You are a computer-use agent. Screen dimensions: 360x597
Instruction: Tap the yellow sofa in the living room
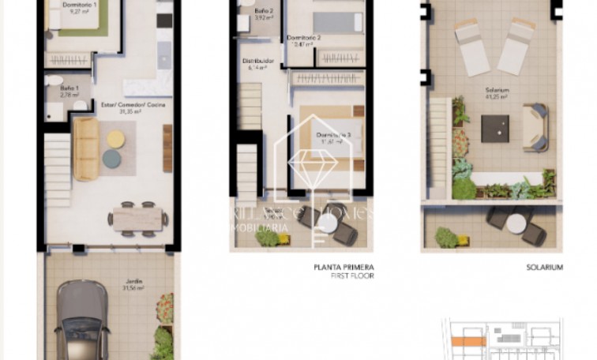(x=84, y=148)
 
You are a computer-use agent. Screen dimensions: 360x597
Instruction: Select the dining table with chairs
(x=137, y=218)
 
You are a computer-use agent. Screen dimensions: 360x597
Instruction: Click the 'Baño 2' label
(x=263, y=10)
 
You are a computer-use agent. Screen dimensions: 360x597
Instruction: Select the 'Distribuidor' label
(x=259, y=61)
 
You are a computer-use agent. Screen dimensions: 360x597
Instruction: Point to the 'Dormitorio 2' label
(x=304, y=38)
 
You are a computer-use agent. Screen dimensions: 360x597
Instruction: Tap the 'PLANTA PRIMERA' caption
(x=343, y=268)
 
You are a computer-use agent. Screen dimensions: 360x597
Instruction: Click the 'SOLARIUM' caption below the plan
(x=544, y=268)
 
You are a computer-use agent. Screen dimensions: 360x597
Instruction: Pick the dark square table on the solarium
(x=496, y=126)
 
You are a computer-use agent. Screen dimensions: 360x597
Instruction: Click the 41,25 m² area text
(x=497, y=97)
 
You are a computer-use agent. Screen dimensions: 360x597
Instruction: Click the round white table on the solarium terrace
(x=515, y=224)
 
